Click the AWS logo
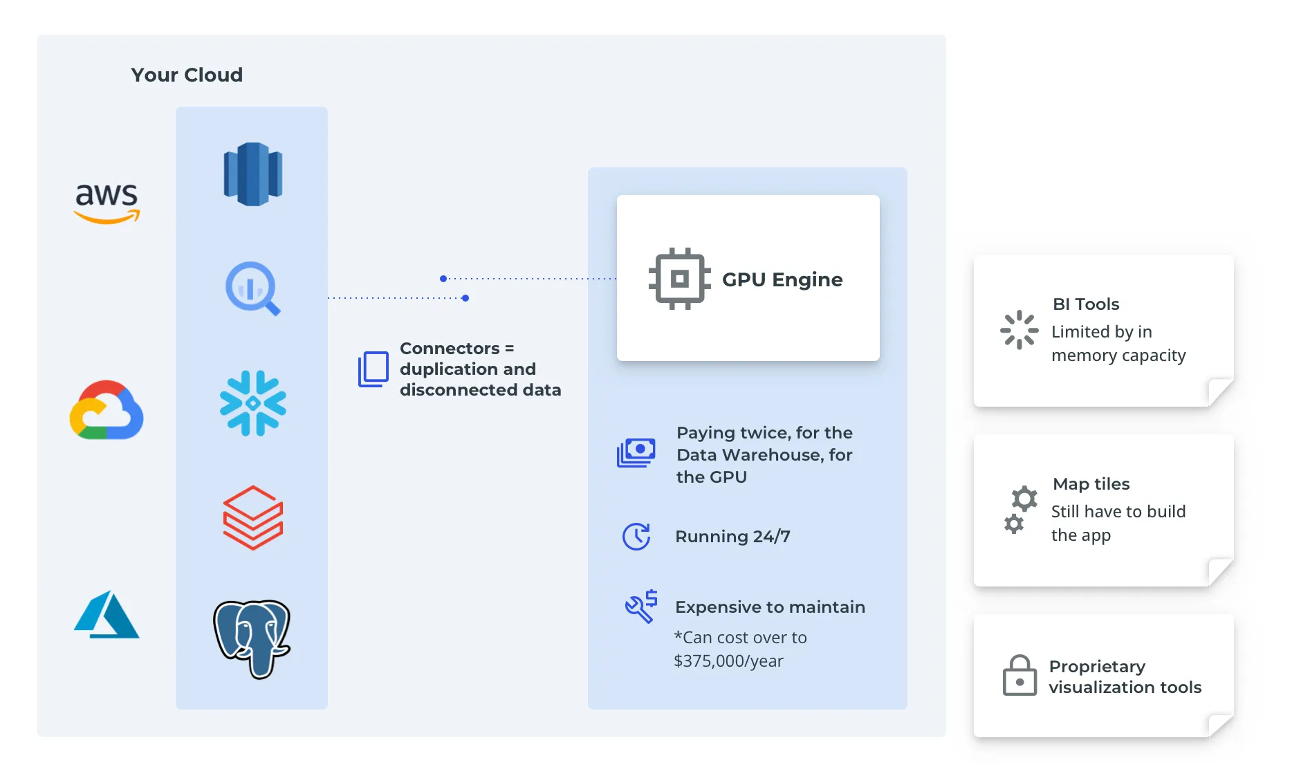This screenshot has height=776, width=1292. [x=107, y=203]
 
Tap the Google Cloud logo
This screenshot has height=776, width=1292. [x=107, y=410]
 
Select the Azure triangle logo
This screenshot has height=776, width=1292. [x=107, y=615]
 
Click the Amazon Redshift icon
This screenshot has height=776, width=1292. [x=252, y=174]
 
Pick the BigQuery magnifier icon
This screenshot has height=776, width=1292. [x=252, y=288]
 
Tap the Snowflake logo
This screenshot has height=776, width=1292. [x=252, y=403]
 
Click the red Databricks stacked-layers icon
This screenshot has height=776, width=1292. [x=252, y=517]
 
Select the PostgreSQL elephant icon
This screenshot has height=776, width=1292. [x=252, y=638]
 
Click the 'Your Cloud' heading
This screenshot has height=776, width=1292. [x=187, y=75]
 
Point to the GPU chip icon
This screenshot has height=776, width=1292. [x=679, y=279]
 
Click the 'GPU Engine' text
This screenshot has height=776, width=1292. [x=782, y=279]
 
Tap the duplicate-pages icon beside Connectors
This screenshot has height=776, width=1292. [x=373, y=369]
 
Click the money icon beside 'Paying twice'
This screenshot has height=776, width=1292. [x=636, y=453]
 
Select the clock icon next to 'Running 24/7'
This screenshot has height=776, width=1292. [x=636, y=536]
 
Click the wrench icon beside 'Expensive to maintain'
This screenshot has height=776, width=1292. [x=641, y=607]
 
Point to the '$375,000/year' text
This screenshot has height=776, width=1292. [x=728, y=661]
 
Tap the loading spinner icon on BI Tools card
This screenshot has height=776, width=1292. [x=1019, y=330]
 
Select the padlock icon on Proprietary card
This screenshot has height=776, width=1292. [x=1019, y=676]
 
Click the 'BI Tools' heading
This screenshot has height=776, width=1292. [x=1086, y=304]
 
